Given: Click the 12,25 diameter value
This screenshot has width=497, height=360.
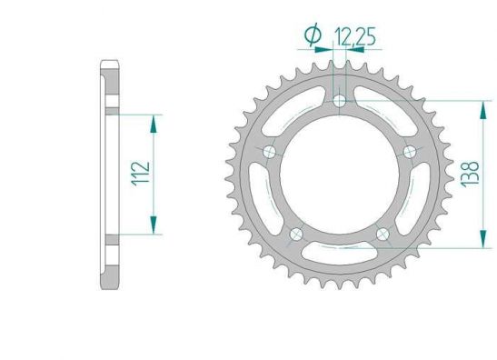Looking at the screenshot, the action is [355, 36].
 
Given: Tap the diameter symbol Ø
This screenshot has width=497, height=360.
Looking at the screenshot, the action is [313, 35].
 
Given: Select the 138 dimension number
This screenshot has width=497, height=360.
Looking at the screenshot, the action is [471, 175].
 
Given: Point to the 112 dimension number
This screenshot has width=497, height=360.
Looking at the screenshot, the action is [141, 174].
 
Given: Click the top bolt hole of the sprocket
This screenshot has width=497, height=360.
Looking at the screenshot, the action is [340, 101].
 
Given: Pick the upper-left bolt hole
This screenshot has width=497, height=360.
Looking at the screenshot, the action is [270, 152].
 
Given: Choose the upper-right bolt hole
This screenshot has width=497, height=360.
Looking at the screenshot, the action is [410, 152].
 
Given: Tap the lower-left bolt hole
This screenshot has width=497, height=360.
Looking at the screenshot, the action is [296, 235].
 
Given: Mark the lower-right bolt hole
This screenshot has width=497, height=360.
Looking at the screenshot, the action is [383, 235].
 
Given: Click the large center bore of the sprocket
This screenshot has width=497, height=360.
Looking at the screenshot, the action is [340, 175].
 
